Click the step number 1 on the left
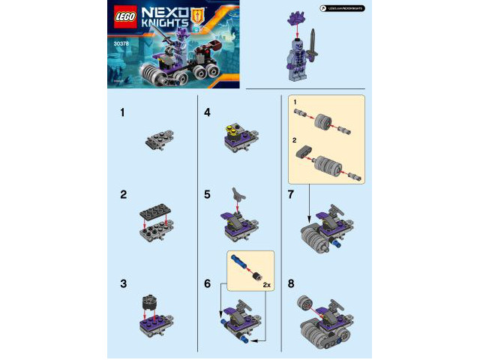point(122,115)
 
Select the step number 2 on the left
point(123,194)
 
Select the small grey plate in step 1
point(157,141)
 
